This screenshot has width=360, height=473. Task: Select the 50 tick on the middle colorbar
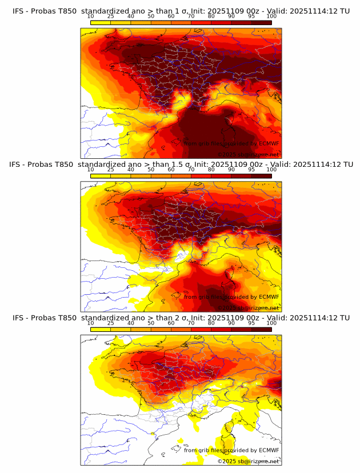tap(151, 169)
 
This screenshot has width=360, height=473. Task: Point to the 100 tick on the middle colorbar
tap(271, 169)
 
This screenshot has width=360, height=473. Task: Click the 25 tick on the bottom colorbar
tap(110, 323)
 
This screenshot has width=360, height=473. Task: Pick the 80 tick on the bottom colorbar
tap(211, 323)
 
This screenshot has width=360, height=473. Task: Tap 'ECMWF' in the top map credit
tap(269, 143)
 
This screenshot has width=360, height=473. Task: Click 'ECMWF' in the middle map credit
tap(269, 297)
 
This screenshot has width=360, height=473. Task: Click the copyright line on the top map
tap(248, 154)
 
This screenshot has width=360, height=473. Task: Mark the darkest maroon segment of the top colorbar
tap(262, 22)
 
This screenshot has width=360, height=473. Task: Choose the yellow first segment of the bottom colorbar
tap(101, 330)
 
